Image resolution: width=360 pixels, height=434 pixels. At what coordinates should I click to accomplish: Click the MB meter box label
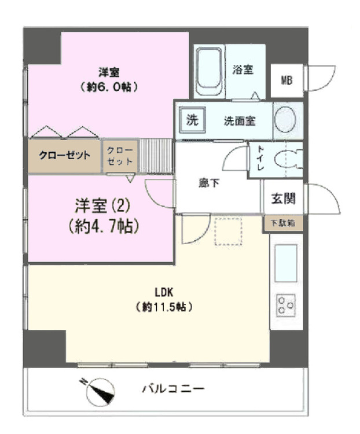pyautogui.click(x=286, y=80)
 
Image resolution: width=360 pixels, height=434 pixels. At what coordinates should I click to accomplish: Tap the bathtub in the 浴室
pyautogui.click(x=209, y=72)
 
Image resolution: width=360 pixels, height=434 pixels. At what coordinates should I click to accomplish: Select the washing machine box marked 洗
pyautogui.click(x=193, y=120)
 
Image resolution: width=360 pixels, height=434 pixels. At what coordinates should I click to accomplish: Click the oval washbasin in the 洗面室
pyautogui.click(x=285, y=119)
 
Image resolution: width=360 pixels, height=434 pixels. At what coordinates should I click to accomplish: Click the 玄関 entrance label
pyautogui.click(x=283, y=198)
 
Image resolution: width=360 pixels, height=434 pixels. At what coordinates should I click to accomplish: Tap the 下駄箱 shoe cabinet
pyautogui.click(x=283, y=223)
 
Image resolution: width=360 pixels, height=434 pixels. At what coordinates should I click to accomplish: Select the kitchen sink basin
pyautogui.click(x=286, y=263)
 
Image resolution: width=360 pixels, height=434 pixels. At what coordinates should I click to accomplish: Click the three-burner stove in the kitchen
pyautogui.click(x=285, y=306)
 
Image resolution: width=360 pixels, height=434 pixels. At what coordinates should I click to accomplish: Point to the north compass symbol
pyautogui.click(x=100, y=391)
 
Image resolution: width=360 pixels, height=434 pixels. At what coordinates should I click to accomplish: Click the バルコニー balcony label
pyautogui.click(x=174, y=388)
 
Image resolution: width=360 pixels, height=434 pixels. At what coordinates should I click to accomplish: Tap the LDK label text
pyautogui.click(x=164, y=292)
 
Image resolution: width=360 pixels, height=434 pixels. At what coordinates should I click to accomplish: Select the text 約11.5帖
pyautogui.click(x=164, y=307)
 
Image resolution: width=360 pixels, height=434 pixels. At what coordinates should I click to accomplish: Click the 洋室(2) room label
pyautogui.click(x=102, y=206)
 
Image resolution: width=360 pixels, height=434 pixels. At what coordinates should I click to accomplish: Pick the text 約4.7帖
pyautogui.click(x=104, y=226)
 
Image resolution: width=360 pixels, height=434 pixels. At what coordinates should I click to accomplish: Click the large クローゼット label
pyautogui.click(x=65, y=155)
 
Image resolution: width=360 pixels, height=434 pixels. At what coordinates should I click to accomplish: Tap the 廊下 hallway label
pyautogui.click(x=209, y=183)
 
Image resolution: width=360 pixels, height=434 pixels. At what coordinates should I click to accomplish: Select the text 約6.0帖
pyautogui.click(x=109, y=87)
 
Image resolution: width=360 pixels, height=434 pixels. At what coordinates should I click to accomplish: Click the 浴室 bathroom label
pyautogui.click(x=243, y=69)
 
